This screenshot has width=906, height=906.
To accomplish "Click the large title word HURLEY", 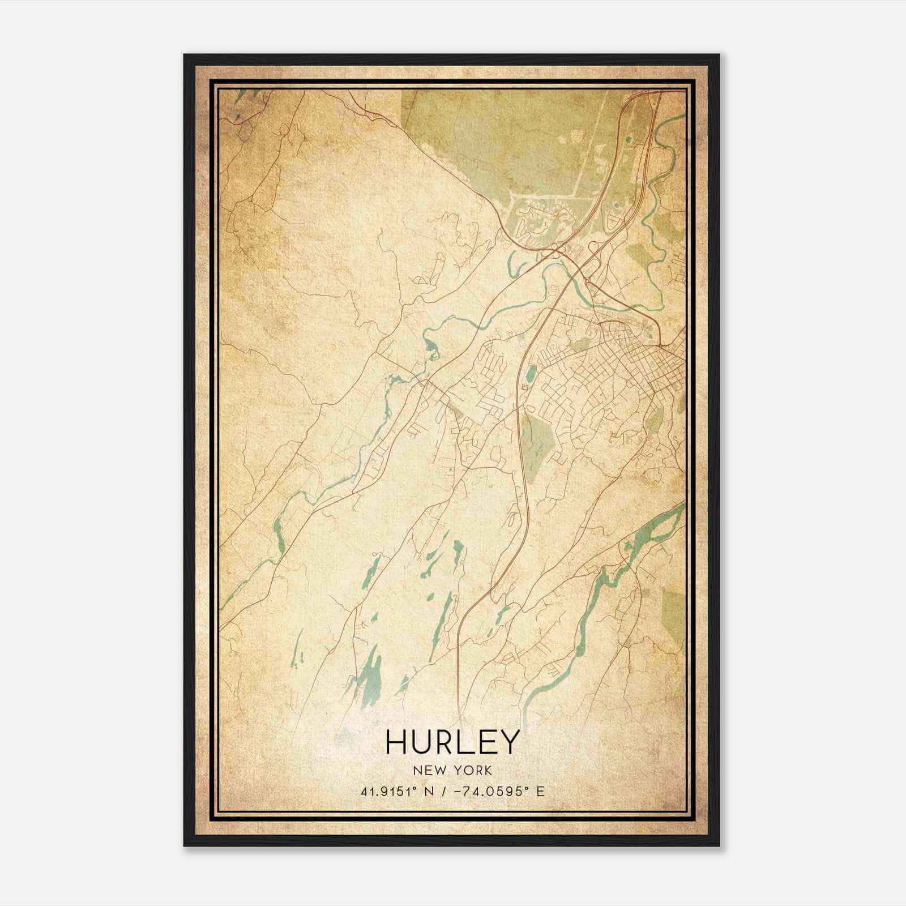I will (x=452, y=742).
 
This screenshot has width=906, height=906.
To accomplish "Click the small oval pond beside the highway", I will (x=530, y=374).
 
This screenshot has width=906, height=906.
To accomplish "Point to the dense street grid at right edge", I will (x=651, y=368).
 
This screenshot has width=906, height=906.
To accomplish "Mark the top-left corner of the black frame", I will (x=185, y=55).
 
